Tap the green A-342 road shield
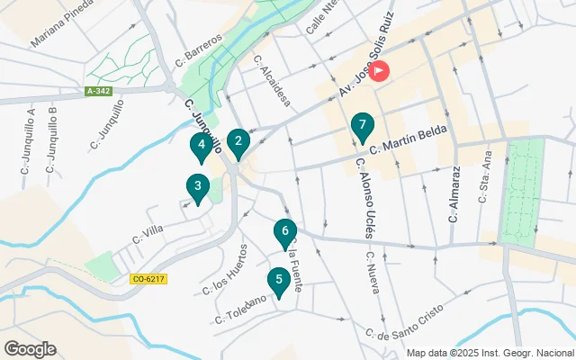(x=98, y=92)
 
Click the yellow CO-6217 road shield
(x=148, y=280)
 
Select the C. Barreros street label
(x=199, y=51)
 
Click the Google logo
(x=30, y=349)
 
